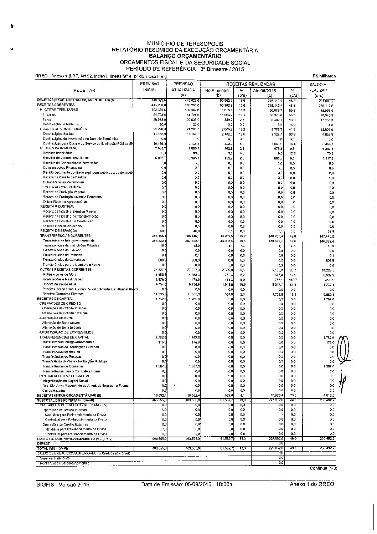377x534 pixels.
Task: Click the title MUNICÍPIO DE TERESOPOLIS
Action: (x=185, y=44)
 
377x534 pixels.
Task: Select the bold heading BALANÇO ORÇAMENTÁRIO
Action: (x=185, y=56)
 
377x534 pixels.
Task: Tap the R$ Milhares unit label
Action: (x=324, y=76)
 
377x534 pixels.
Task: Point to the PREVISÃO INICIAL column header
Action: (x=149, y=87)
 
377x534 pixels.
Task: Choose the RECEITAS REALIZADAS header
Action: (x=251, y=84)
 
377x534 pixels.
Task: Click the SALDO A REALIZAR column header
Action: (x=318, y=90)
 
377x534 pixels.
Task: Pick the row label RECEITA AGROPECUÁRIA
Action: (x=60, y=187)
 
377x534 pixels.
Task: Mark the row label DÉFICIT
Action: (x=42, y=443)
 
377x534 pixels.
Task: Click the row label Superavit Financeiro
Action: (x=55, y=458)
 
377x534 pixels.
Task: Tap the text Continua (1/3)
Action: (x=323, y=468)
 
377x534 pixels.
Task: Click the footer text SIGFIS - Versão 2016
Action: (x=62, y=484)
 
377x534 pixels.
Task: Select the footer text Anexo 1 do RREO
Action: (x=312, y=484)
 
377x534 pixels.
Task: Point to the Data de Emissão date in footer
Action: (x=186, y=484)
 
